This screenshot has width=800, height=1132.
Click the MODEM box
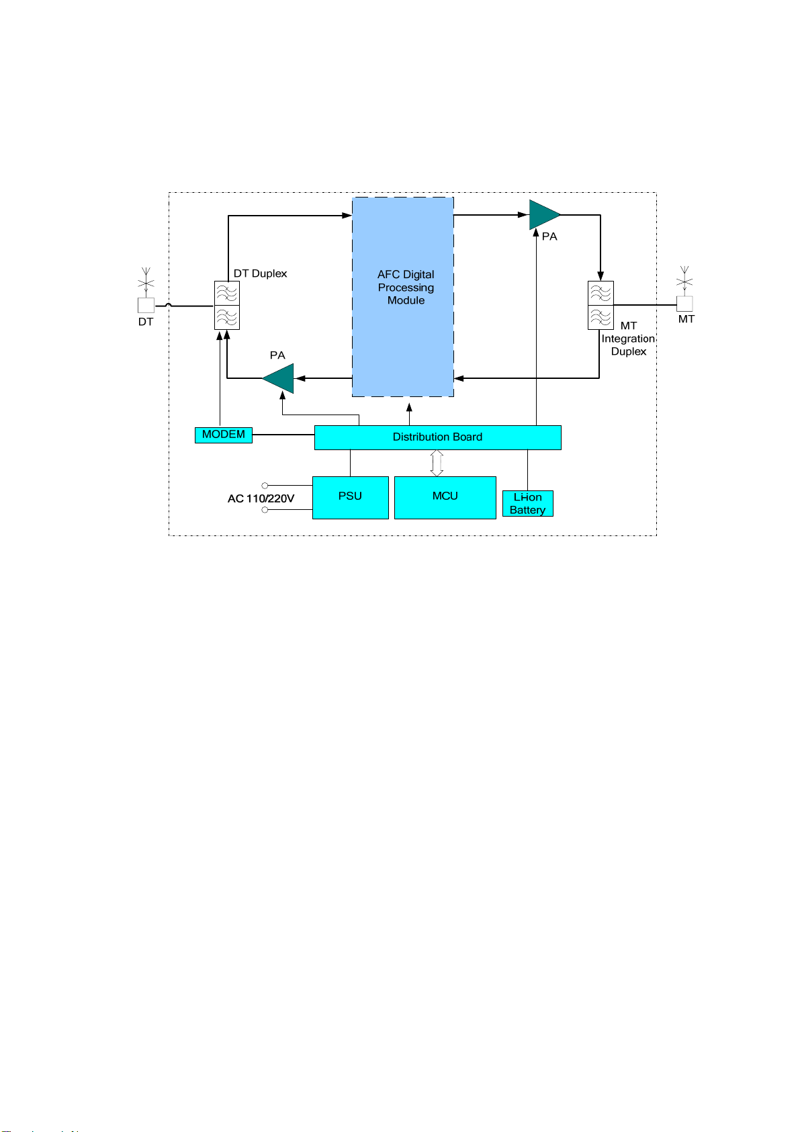tap(223, 435)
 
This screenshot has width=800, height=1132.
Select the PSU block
tap(350, 497)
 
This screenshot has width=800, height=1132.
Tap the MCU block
tap(445, 497)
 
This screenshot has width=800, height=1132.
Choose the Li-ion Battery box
tap(527, 504)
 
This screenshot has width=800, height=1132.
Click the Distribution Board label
tap(437, 437)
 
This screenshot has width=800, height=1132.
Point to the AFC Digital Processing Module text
tap(406, 288)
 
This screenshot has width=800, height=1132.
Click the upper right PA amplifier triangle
tap(543, 215)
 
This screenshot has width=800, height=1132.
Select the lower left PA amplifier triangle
tap(280, 378)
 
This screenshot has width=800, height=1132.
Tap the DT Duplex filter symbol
tap(227, 305)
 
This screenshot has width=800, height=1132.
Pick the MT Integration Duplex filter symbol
tap(601, 305)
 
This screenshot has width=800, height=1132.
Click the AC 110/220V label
tap(261, 498)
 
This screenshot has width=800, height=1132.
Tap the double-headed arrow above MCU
tap(437, 463)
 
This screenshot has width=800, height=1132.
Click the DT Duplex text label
tap(260, 273)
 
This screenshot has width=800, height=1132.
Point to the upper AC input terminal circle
tap(265, 485)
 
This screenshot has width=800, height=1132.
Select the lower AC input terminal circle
tap(265, 510)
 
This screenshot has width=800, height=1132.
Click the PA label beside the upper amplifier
tap(549, 236)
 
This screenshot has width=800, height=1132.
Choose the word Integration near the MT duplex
tap(627, 339)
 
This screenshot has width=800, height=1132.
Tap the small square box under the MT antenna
tap(684, 304)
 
